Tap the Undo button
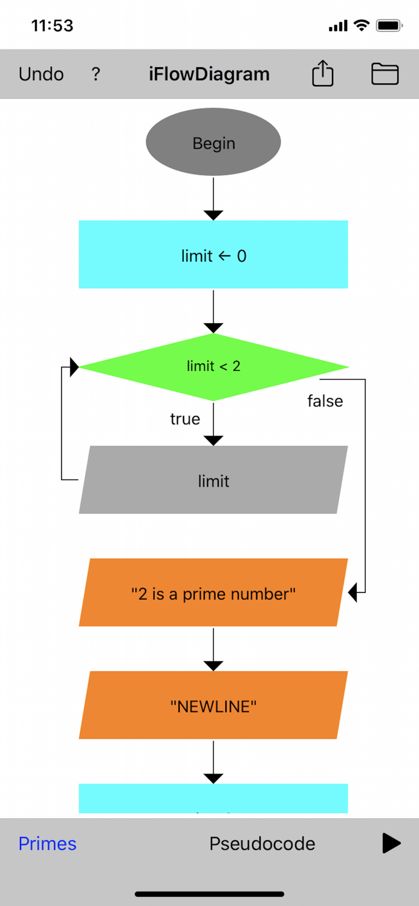(41, 74)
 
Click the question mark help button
(96, 74)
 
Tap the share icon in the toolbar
(323, 74)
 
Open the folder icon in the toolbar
(385, 74)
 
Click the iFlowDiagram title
(209, 74)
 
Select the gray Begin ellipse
(213, 143)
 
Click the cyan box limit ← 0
(213, 255)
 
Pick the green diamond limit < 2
(213, 367)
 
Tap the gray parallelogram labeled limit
(213, 481)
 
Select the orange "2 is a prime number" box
(213, 593)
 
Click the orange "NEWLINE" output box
(213, 705)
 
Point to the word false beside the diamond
(325, 402)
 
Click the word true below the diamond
(185, 419)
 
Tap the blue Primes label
(48, 844)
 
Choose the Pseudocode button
(262, 844)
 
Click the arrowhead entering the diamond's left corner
(74, 367)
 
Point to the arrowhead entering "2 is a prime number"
(354, 593)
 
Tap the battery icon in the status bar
(389, 26)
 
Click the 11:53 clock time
(52, 26)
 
